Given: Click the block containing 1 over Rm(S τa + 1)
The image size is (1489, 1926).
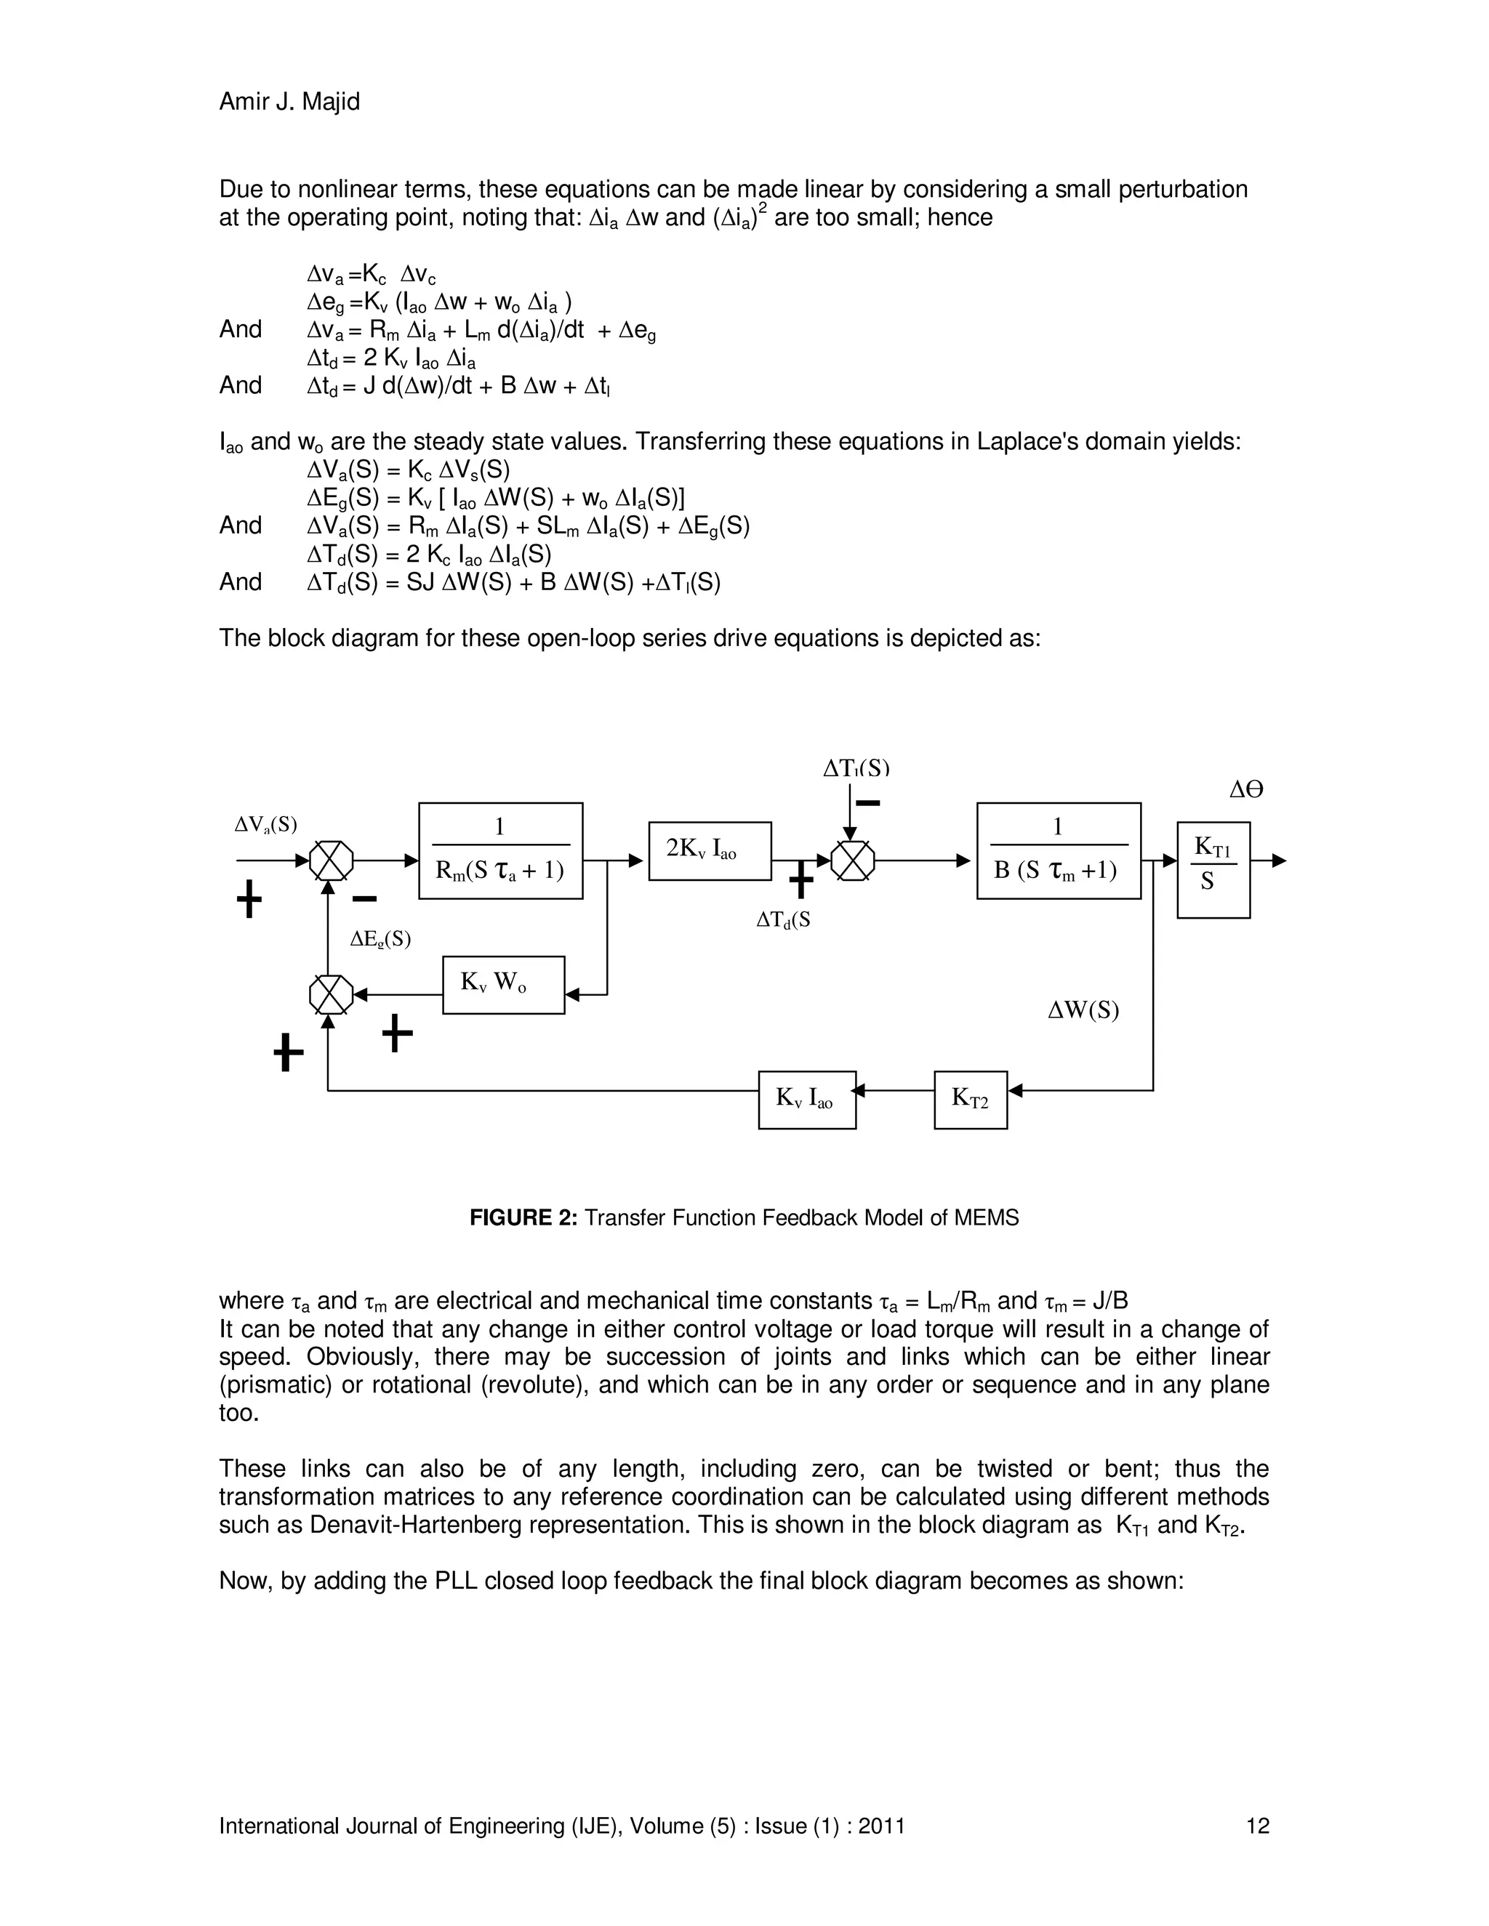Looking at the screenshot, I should click(x=500, y=850).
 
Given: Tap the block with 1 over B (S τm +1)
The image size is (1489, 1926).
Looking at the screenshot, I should click(x=1058, y=850).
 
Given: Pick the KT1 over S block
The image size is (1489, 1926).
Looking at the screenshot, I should click(x=1213, y=869).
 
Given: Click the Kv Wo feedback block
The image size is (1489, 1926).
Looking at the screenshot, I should click(x=503, y=984).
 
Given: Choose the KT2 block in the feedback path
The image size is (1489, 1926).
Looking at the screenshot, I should click(x=971, y=1099).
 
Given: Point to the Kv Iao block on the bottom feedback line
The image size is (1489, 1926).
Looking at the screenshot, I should click(x=806, y=1099).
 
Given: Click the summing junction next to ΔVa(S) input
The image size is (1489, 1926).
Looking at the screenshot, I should click(x=331, y=860).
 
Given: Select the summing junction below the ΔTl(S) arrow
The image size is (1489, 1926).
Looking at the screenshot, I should click(x=853, y=860).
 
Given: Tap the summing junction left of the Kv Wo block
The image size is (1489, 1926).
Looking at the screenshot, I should click(x=331, y=995).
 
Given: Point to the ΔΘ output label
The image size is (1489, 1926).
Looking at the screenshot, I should click(x=1245, y=790).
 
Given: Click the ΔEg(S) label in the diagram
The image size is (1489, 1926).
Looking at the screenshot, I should click(x=380, y=939).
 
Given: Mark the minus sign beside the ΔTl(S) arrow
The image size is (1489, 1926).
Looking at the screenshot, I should click(x=868, y=802).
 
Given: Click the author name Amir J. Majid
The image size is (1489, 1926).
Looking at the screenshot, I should click(x=289, y=102).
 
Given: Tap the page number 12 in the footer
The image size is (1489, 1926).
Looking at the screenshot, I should click(x=1257, y=1826).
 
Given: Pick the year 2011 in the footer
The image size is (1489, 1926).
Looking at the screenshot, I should click(x=882, y=1826).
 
